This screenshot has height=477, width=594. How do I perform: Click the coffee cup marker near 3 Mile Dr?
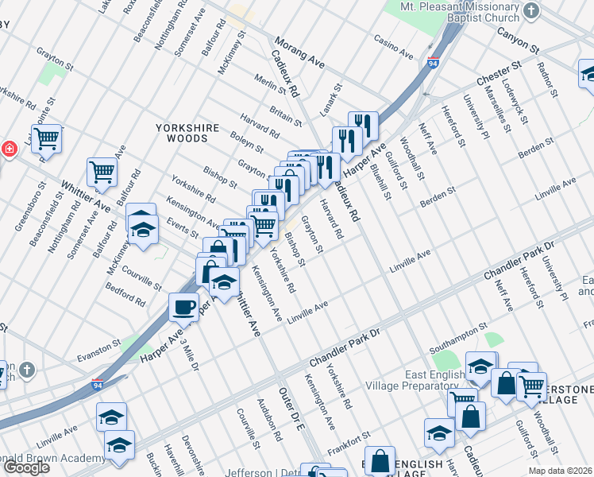(184, 306)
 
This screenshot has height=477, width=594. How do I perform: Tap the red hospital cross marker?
(8, 149)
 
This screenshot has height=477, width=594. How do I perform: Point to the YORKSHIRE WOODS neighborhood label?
(182, 133)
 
